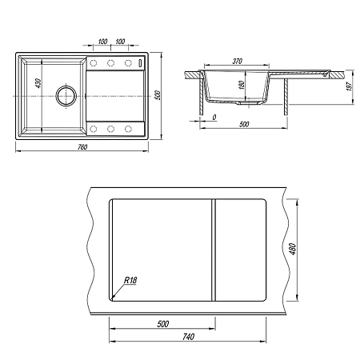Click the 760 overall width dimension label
click(82, 147)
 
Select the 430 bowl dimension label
click(38, 83)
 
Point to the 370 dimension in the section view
click(237, 62)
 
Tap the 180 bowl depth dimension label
click(242, 85)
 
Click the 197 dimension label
click(349, 86)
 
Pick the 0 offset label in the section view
click(214, 117)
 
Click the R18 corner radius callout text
click(130, 280)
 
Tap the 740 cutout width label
click(188, 337)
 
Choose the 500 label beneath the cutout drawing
click(162, 324)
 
